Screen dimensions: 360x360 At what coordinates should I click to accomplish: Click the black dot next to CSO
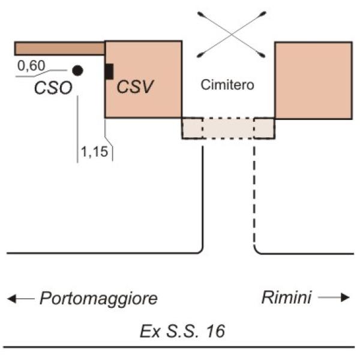click(77, 70)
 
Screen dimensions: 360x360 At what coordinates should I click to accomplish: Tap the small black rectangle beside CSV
click(109, 71)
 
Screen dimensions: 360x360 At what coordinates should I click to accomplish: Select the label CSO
click(53, 88)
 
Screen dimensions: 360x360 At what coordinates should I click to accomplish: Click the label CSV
click(135, 86)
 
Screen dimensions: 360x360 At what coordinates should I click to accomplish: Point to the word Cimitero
click(227, 85)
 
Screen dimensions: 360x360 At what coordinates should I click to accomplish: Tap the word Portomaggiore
click(98, 298)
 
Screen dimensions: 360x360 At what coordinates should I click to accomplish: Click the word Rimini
click(286, 298)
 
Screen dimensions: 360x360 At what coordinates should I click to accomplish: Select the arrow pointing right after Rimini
click(334, 298)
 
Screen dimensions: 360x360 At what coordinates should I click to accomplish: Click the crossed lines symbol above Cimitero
click(231, 34)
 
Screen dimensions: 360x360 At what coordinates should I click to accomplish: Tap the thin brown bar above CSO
click(59, 48)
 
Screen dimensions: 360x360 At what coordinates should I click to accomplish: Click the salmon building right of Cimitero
click(313, 79)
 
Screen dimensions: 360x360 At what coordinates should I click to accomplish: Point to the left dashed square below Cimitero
click(192, 128)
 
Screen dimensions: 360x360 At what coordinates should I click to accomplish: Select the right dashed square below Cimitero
click(264, 128)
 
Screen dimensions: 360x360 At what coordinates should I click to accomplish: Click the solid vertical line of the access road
click(203, 198)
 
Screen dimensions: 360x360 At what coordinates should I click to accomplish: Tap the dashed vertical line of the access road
click(254, 198)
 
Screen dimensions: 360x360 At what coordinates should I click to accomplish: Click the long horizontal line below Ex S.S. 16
click(180, 347)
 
